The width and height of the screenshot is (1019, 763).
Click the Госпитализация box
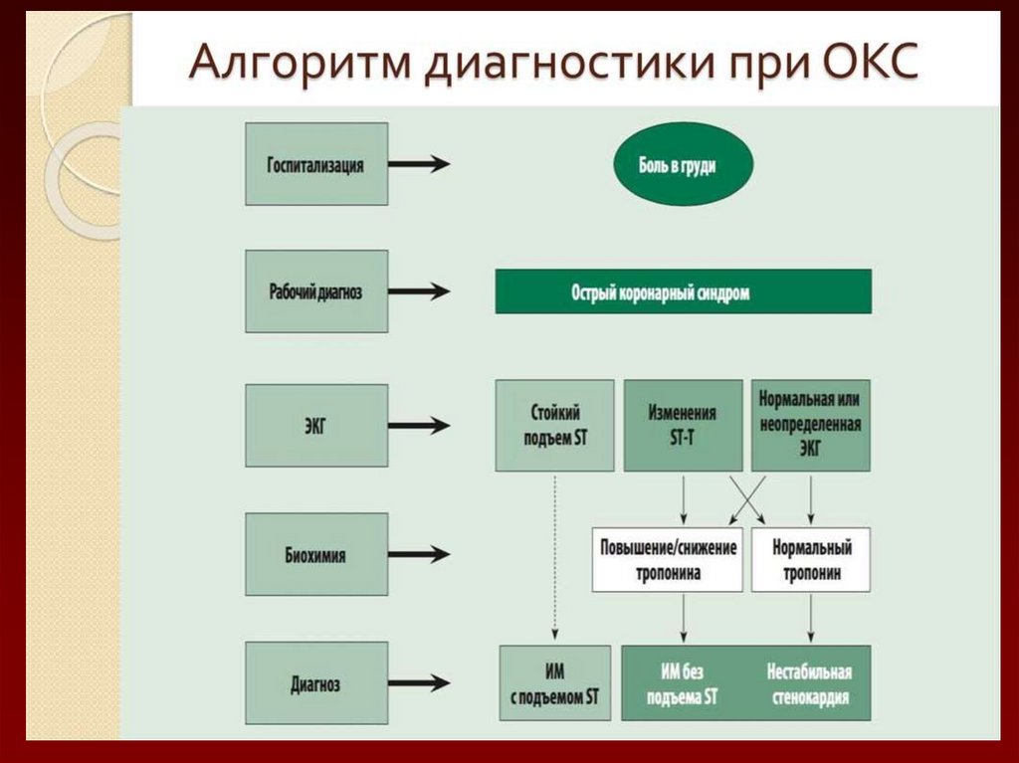pyautogui.click(x=315, y=164)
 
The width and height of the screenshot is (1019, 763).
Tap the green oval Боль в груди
pyautogui.click(x=682, y=167)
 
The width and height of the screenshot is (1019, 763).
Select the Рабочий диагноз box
pyautogui.click(x=315, y=291)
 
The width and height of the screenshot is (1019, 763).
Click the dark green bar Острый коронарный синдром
pyautogui.click(x=683, y=291)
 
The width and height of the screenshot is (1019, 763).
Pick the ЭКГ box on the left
pyautogui.click(x=315, y=426)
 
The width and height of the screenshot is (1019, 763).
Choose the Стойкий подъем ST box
pyautogui.click(x=554, y=425)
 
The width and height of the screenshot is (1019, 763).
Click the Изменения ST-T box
pyautogui.click(x=683, y=425)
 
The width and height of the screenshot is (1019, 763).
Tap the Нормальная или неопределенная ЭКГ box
pyautogui.click(x=810, y=425)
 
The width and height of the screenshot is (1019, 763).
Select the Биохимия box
pyautogui.click(x=315, y=555)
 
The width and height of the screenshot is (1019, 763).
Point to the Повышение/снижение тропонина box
pyautogui.click(x=669, y=560)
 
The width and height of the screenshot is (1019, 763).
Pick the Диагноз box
pyautogui.click(x=315, y=683)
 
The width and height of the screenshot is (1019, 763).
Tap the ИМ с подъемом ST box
pyautogui.click(x=554, y=683)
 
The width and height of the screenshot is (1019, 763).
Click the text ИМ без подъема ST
pyautogui.click(x=683, y=683)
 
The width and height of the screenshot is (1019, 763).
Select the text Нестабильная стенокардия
pyautogui.click(x=809, y=683)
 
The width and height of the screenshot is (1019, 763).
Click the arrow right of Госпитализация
pyautogui.click(x=418, y=165)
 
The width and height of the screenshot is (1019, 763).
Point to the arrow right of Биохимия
pyautogui.click(x=418, y=555)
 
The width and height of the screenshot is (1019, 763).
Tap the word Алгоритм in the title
pyautogui.click(x=299, y=65)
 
